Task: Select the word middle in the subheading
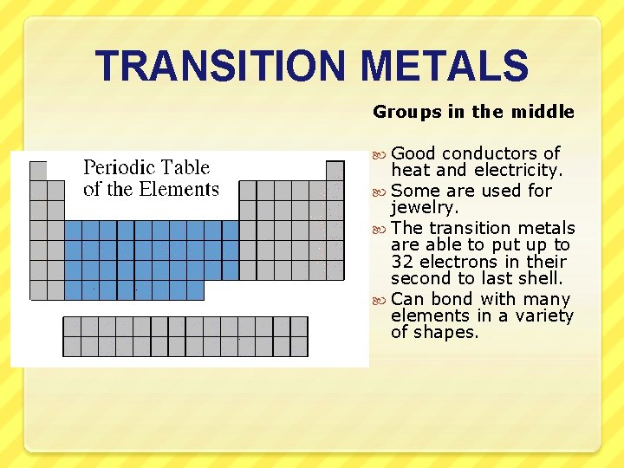coord(544,112)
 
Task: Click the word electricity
coord(518,171)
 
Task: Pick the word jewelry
coord(426,208)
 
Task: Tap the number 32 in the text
coord(401,262)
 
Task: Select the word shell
coord(542,278)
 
